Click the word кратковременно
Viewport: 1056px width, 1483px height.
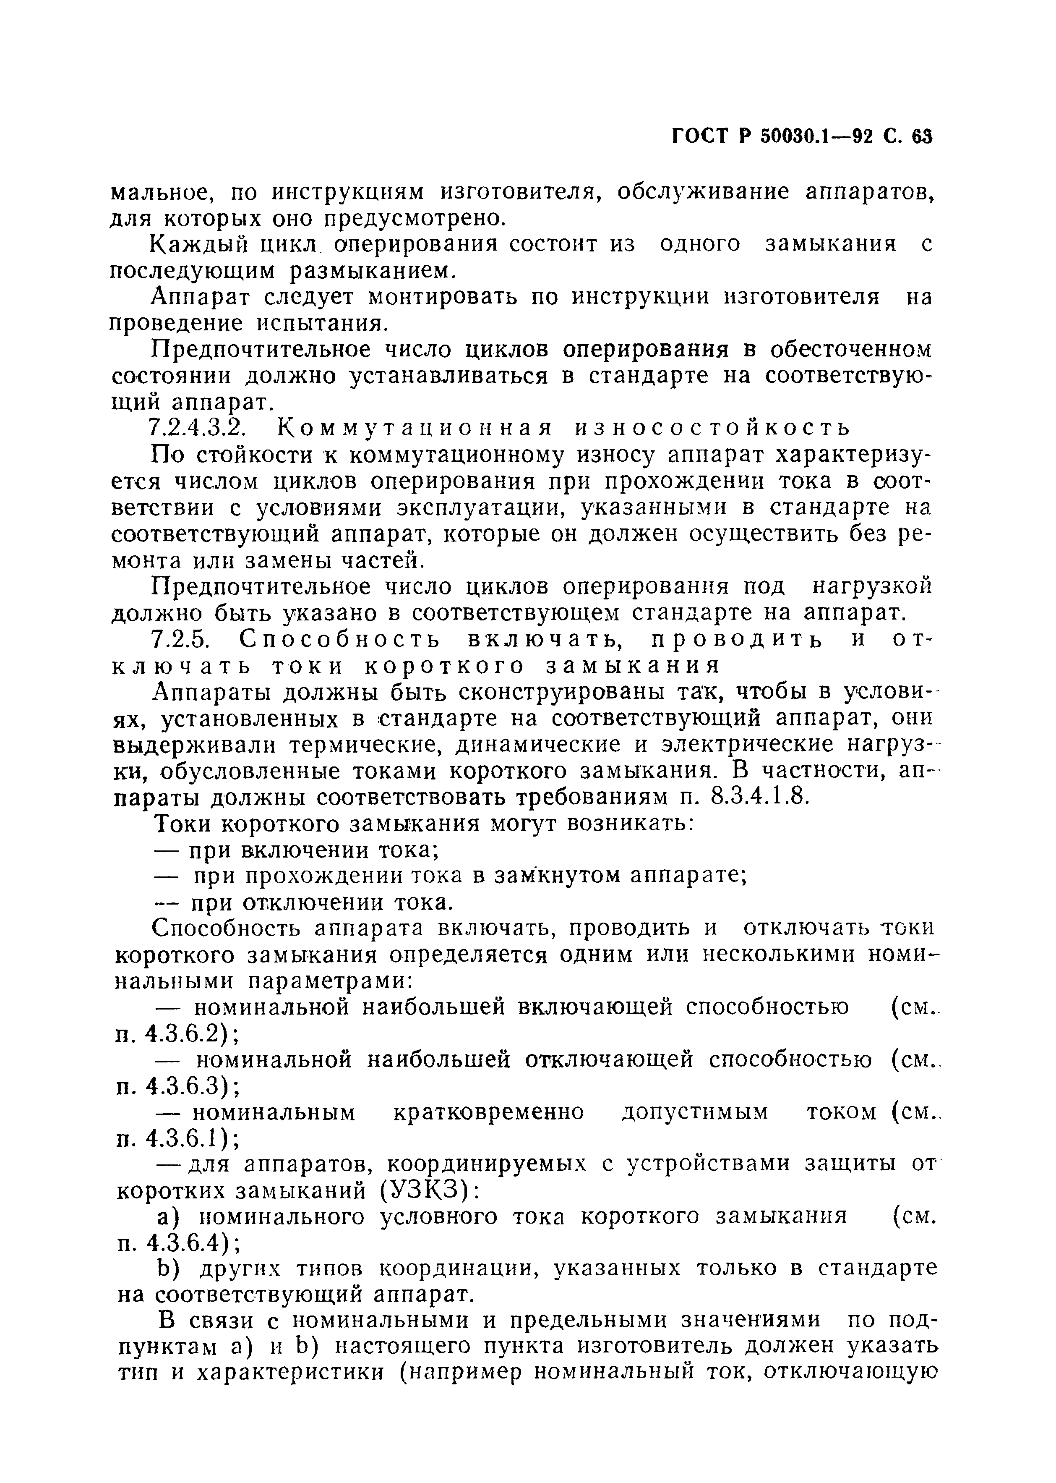[x=489, y=1114]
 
